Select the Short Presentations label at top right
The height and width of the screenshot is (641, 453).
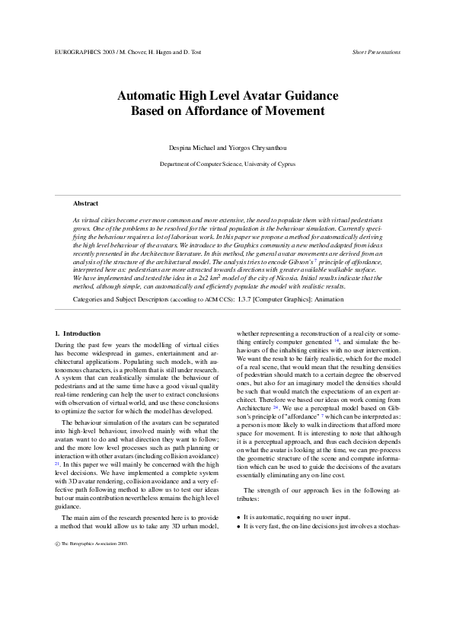(x=376, y=53)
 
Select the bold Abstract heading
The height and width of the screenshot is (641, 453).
(x=85, y=204)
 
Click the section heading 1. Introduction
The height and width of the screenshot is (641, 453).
(x=78, y=333)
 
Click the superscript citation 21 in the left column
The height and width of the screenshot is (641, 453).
(x=57, y=463)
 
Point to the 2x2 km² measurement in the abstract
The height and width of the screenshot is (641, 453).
(x=203, y=279)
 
